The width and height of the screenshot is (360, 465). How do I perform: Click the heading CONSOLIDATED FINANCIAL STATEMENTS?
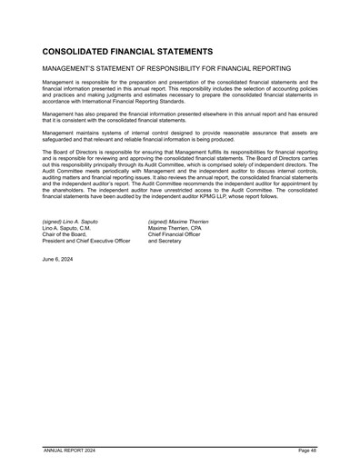click(127, 53)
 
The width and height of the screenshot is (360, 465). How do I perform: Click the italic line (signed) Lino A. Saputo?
click(70, 222)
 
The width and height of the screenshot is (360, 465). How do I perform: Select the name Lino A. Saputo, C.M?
click(67, 228)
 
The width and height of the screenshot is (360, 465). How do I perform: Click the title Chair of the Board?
click(64, 234)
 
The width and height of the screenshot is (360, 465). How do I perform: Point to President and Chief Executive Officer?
click(86, 241)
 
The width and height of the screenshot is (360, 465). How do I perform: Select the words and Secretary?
click(165, 241)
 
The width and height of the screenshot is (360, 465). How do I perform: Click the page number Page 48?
click(307, 450)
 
